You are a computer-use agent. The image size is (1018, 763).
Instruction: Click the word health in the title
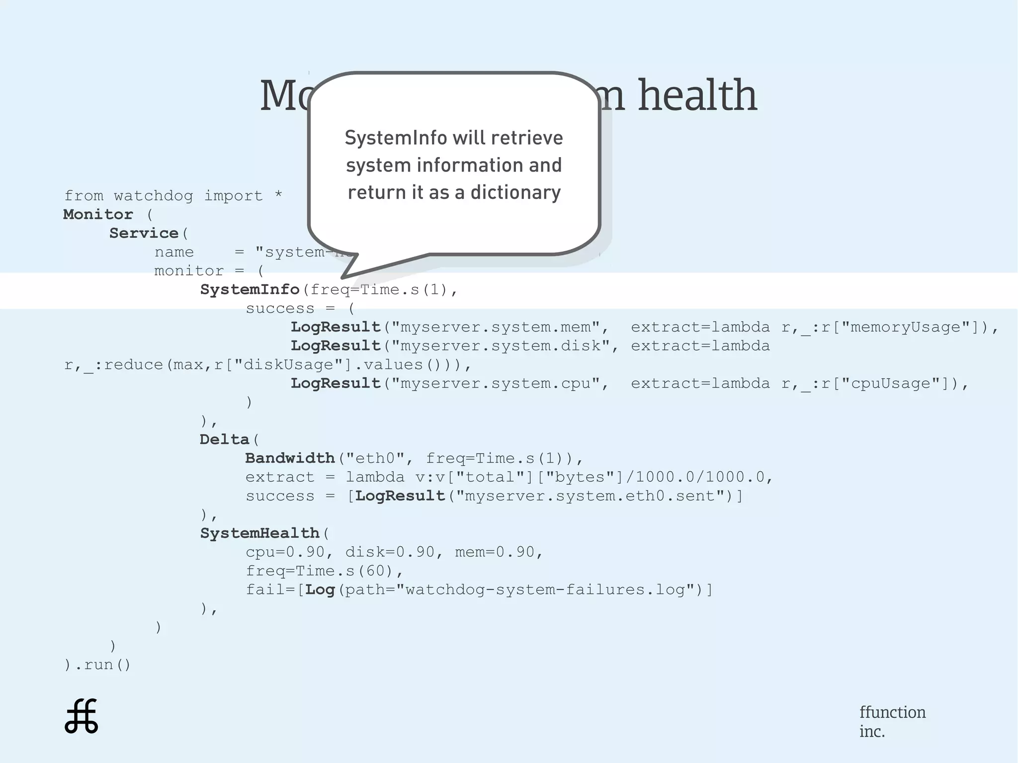697,95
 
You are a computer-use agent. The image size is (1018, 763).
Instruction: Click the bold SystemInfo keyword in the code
250,289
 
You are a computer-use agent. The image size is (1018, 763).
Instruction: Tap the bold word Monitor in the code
98,214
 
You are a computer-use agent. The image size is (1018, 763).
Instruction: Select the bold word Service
144,233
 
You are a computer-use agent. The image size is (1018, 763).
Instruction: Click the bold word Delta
224,439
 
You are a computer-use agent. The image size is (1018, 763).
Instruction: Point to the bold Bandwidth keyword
290,458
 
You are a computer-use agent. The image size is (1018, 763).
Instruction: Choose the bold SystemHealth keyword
259,533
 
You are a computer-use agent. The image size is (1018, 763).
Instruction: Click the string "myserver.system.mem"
500,327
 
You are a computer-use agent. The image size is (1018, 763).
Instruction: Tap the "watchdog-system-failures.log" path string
545,590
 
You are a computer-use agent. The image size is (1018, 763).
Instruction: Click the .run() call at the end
102,665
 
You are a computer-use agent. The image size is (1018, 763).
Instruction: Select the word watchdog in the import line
153,196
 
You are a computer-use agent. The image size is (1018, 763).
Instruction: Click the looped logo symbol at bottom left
82,716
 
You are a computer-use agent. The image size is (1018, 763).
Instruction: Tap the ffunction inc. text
892,721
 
